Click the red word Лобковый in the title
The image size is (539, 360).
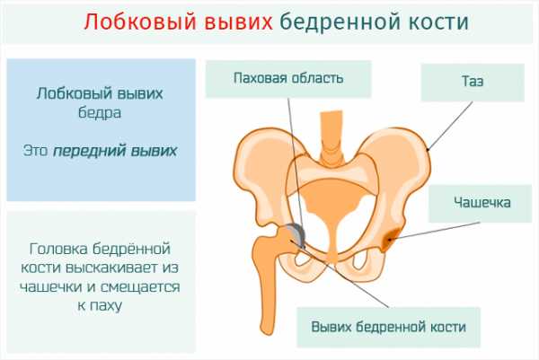140,22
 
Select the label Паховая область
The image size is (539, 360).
288,78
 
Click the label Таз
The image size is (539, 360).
473,82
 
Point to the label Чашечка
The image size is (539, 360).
482,202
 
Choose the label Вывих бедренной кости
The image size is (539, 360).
388,327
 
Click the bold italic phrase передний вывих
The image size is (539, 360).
115,151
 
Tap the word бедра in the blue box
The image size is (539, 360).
100,112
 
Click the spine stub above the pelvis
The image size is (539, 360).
331,137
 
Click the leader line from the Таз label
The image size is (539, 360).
450,126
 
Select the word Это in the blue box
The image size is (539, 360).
35,151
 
